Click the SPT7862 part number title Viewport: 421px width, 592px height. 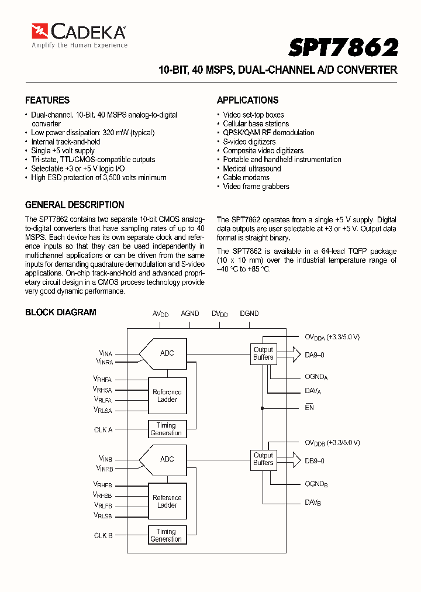tap(343, 47)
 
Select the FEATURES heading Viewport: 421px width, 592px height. tap(47, 100)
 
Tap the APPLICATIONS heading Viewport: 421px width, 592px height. tap(247, 100)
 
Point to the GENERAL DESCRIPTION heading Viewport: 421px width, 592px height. tap(74, 205)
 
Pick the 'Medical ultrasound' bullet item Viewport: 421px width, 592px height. tap(251, 168)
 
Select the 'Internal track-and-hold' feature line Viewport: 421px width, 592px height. tap(65, 142)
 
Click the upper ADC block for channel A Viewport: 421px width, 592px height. tap(166, 353)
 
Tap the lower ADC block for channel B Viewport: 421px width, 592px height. tap(166, 459)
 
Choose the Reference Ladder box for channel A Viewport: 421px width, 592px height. tap(167, 396)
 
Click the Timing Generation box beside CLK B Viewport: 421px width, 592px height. tap(166, 535)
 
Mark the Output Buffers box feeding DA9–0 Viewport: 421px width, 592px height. tap(263, 353)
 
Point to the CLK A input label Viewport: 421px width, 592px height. tap(103, 429)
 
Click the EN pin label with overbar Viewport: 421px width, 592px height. tap(309, 407)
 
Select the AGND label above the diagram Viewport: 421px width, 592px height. tap(190, 314)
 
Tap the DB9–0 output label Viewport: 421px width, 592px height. tap(315, 460)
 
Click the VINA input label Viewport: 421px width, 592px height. tap(105, 353)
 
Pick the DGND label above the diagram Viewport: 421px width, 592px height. tap(249, 314)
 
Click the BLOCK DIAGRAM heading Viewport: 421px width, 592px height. tap(61, 312)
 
